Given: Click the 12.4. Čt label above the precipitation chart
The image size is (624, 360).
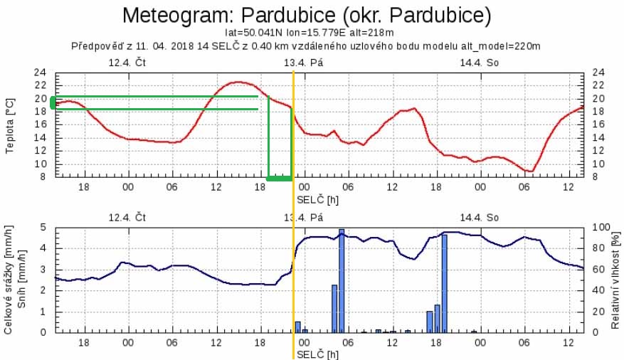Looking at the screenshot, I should click(x=127, y=217).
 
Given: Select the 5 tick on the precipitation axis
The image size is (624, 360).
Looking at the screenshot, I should click(x=43, y=228).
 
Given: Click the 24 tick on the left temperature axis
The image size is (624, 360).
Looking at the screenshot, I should click(x=41, y=73).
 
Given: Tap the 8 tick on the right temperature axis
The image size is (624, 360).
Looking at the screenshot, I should click(x=596, y=177).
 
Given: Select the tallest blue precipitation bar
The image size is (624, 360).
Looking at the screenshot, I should click(x=342, y=281).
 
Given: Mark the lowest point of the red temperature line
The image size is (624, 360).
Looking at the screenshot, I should click(x=529, y=171).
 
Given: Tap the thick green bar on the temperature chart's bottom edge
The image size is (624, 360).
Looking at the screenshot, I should click(x=280, y=177).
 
